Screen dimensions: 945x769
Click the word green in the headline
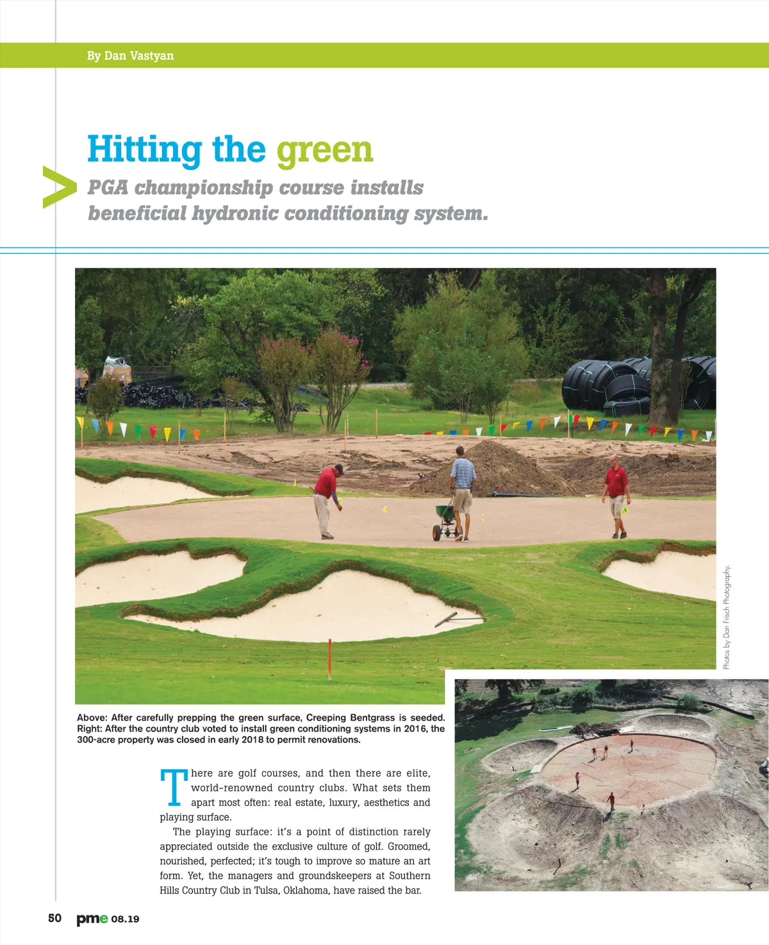point(324,150)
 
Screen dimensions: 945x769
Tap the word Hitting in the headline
point(145,150)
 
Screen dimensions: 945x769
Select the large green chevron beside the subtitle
point(58,187)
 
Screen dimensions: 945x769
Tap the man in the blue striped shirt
point(463,490)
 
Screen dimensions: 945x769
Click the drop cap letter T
point(174,787)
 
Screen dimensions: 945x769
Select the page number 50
point(55,918)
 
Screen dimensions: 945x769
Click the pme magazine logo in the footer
point(92,919)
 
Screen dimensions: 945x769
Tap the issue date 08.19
point(125,919)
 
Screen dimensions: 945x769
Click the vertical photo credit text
point(727,617)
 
